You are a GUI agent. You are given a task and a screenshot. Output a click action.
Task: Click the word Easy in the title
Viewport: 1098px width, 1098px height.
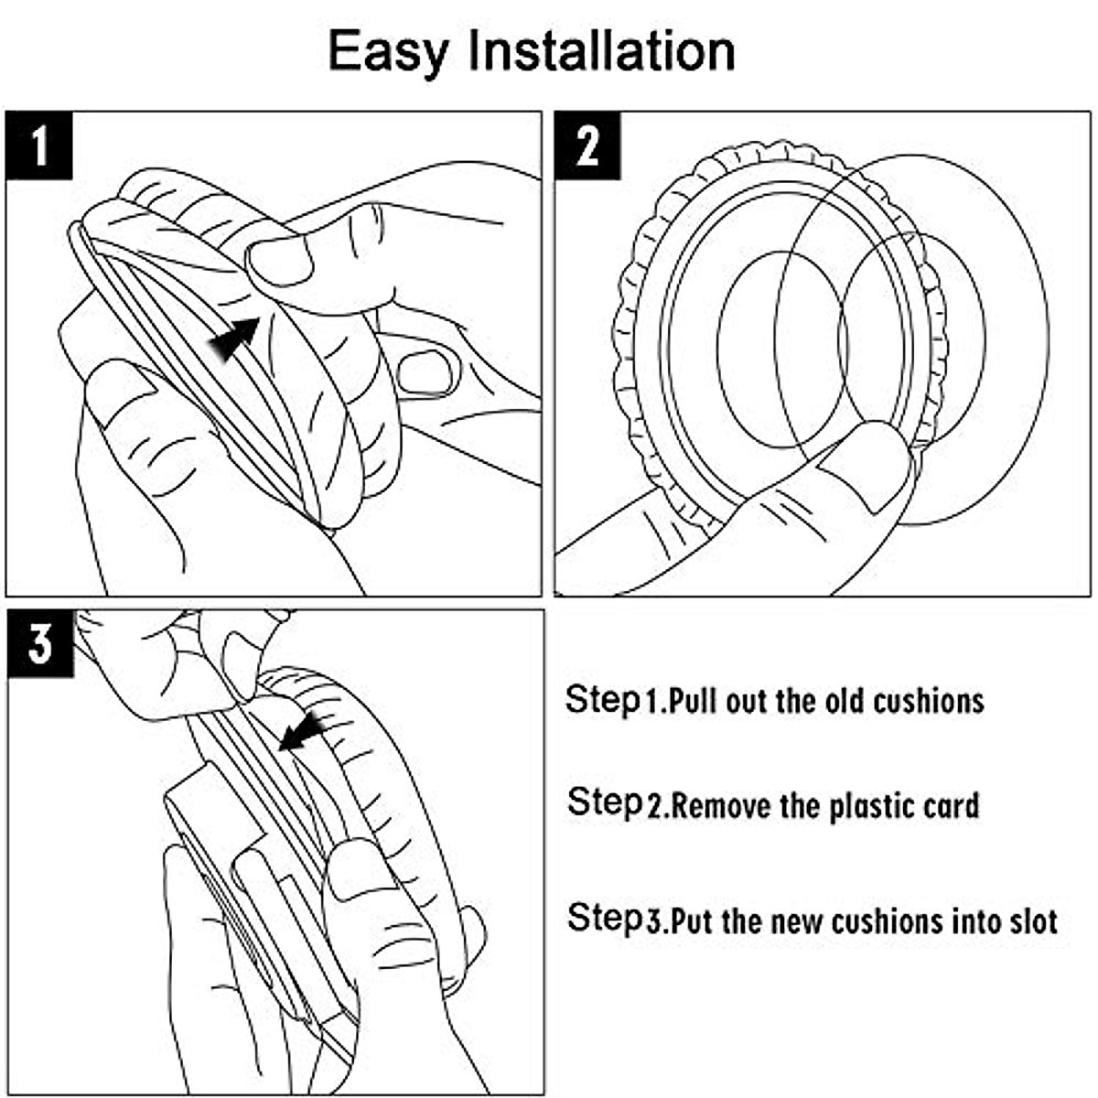[388, 52]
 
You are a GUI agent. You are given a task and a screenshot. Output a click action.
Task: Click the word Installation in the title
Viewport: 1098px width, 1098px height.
[601, 50]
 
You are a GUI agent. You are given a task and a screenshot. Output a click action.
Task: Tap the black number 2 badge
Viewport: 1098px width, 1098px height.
[587, 145]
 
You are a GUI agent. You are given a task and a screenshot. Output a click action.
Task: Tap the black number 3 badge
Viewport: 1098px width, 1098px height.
[39, 644]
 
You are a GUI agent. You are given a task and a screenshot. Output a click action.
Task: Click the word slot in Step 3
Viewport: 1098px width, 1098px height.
[1031, 920]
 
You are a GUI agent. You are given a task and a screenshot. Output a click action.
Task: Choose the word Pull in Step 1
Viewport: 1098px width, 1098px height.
[699, 702]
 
